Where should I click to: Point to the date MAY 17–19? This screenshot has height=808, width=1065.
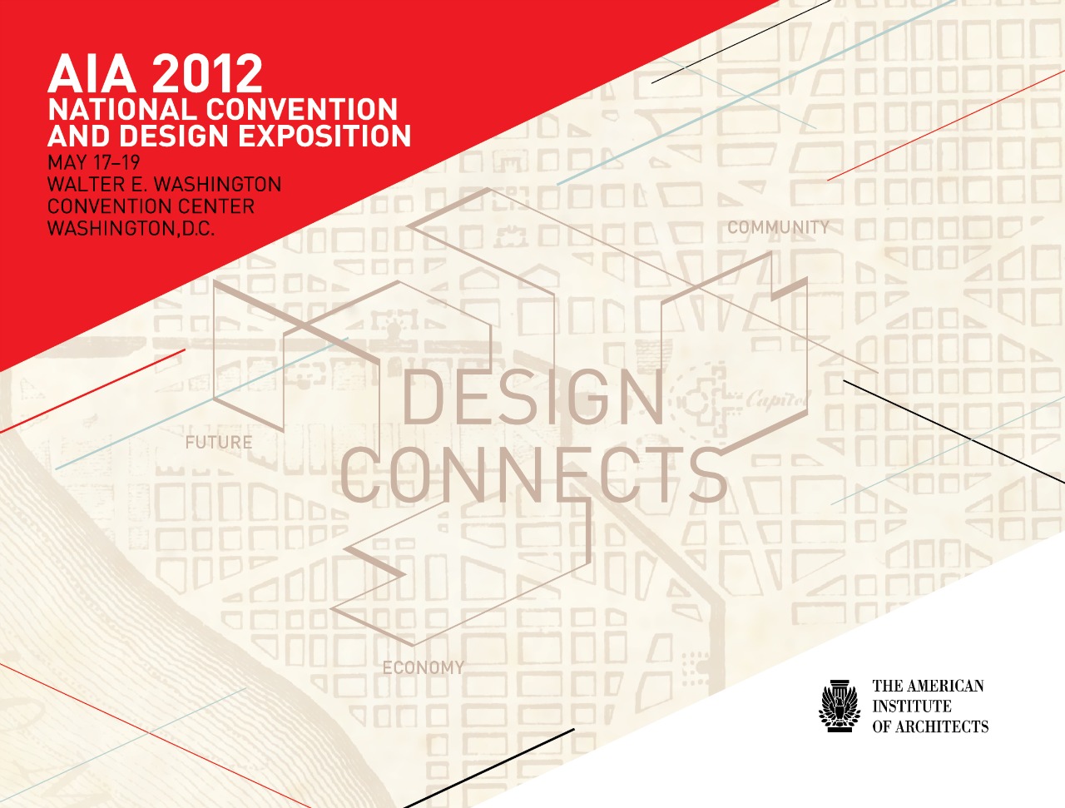94,162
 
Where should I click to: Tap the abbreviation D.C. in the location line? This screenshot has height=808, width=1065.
198,228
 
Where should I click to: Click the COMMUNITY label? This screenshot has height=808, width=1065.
778,227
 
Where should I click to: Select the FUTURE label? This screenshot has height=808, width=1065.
219,443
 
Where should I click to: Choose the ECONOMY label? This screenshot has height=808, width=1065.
424,667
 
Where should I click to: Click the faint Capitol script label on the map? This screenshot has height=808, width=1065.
778,400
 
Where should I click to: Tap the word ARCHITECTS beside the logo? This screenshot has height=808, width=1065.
942,726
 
